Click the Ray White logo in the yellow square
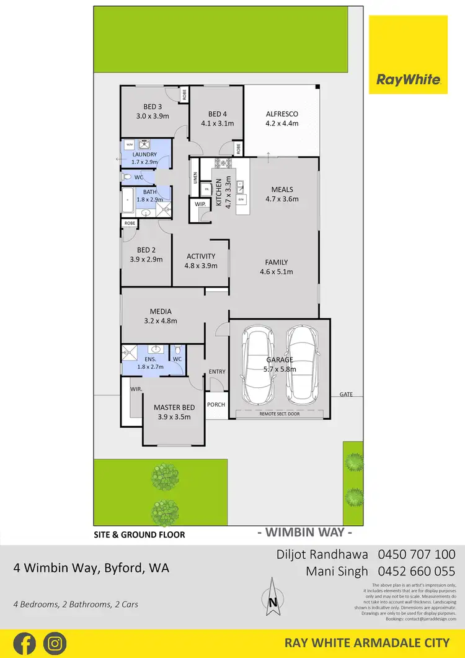(x=408, y=79)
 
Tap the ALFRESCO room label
(x=282, y=114)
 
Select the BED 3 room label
(x=153, y=106)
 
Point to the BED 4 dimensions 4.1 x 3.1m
(x=217, y=124)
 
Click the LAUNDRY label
(x=144, y=155)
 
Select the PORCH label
(x=216, y=404)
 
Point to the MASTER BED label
(x=174, y=407)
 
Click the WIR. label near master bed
(x=136, y=389)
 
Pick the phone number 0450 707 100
(x=417, y=554)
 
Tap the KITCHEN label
(x=219, y=192)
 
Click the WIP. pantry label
(x=200, y=204)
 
